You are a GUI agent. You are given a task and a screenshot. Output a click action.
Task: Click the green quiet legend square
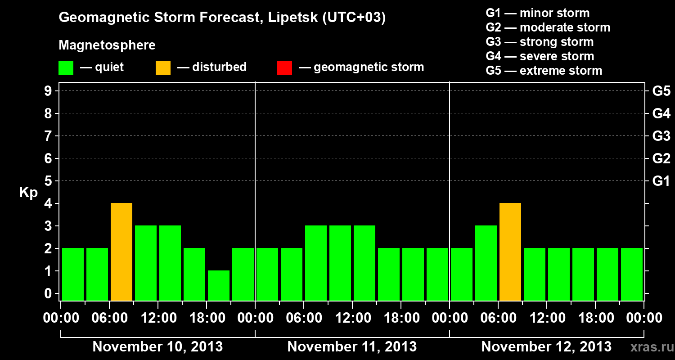66,68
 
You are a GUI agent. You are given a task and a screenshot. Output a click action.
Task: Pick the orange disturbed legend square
163,68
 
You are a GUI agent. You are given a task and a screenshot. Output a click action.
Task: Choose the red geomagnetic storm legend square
284,68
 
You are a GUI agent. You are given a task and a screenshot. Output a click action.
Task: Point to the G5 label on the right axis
661,91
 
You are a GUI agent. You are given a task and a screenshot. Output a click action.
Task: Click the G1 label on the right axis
661,181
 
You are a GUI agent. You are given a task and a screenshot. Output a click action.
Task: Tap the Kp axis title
28,193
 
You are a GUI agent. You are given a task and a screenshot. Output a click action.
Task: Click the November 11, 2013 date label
352,347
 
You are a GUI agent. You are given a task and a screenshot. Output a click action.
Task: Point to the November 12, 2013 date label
546,347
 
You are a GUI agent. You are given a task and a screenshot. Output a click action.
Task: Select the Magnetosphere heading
107,45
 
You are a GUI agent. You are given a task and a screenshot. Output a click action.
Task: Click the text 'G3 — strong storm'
540,42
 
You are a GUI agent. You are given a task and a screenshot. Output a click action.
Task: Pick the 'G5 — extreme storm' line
544,71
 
